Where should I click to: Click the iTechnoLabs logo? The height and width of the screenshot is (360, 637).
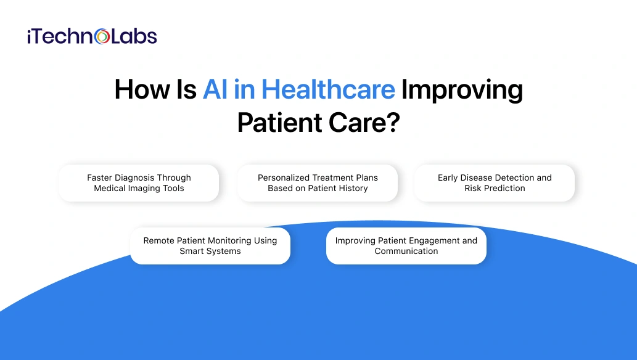click(x=92, y=36)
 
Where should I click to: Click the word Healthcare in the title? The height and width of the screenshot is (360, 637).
click(x=328, y=90)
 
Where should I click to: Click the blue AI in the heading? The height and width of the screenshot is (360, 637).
click(x=216, y=90)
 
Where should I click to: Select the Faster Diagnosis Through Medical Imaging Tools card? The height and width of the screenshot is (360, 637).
click(x=139, y=183)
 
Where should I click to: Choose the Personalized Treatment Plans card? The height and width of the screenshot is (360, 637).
click(x=318, y=183)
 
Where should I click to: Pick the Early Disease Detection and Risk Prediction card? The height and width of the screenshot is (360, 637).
click(x=495, y=183)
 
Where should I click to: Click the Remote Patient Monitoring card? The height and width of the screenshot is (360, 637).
click(x=210, y=246)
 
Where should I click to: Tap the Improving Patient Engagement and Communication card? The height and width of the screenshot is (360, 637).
click(x=406, y=246)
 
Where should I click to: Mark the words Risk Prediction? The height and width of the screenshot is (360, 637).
click(x=495, y=189)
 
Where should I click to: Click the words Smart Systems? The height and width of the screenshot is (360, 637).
click(x=210, y=252)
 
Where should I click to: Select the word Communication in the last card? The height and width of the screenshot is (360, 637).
click(x=406, y=252)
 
